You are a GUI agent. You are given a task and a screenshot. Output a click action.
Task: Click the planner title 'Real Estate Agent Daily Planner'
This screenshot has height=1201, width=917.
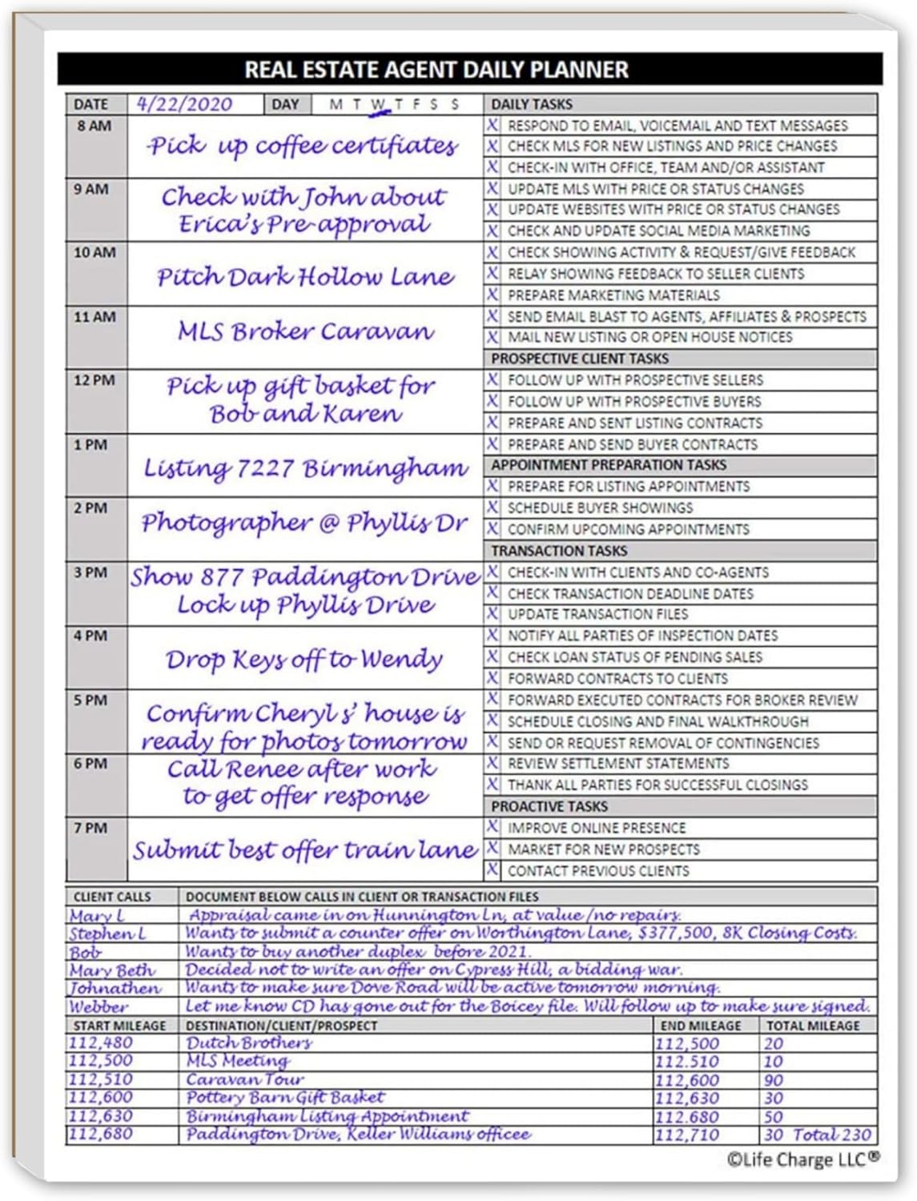(436, 70)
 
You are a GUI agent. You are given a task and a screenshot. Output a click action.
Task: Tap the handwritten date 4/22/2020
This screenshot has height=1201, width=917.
(184, 104)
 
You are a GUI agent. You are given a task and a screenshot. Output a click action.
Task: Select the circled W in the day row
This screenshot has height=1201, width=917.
(379, 105)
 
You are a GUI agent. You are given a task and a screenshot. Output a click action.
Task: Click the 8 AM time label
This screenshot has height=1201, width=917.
(95, 127)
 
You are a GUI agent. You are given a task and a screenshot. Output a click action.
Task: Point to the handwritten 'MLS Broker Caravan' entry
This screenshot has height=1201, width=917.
(305, 331)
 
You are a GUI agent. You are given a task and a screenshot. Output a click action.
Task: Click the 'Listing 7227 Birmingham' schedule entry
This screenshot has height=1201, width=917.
(305, 468)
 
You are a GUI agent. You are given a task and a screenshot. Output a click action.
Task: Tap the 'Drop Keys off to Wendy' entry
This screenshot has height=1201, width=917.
(304, 659)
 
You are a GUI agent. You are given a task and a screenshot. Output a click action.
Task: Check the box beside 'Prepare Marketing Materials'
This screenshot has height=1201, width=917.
(493, 295)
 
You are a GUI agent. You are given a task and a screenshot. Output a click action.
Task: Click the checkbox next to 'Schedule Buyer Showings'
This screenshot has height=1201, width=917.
(493, 508)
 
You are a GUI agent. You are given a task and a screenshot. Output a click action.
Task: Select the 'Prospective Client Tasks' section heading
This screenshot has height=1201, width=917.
(580, 359)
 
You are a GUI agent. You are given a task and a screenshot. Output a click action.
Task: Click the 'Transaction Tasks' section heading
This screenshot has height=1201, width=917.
(559, 551)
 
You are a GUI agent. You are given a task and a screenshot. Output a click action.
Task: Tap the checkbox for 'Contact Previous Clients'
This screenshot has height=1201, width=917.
(493, 870)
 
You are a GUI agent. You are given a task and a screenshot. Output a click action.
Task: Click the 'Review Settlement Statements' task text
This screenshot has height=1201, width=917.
(618, 764)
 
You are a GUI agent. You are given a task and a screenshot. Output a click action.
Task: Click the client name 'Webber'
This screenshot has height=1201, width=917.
(99, 1006)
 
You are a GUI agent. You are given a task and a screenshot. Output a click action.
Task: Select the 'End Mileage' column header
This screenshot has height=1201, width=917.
(701, 1026)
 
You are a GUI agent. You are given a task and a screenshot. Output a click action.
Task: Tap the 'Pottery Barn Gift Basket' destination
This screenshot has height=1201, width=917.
(285, 1098)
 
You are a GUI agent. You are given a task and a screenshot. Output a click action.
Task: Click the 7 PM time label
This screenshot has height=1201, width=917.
(90, 828)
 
